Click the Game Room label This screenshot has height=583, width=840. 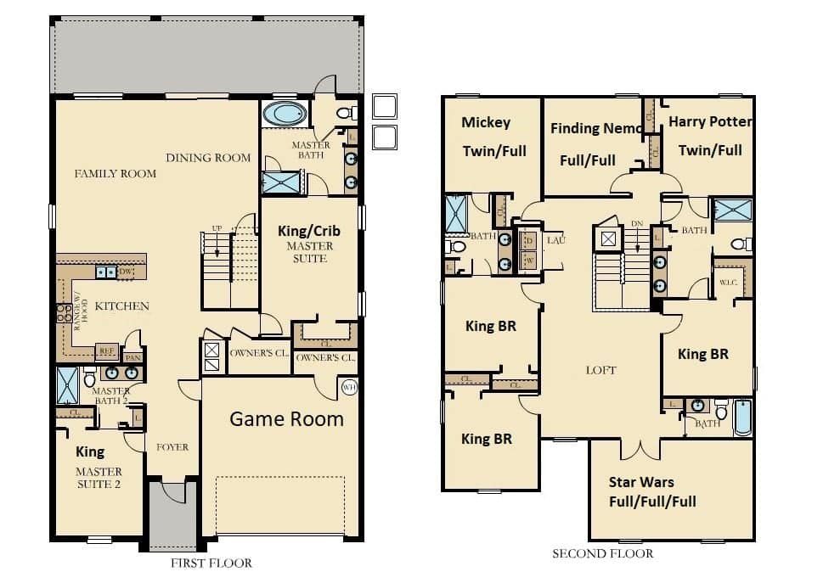[286, 418]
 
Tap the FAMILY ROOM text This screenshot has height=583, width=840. [116, 173]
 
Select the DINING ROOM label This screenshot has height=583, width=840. [208, 157]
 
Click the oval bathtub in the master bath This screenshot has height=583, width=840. [285, 114]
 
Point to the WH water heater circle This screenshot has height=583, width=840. [348, 388]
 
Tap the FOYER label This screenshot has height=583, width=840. [172, 446]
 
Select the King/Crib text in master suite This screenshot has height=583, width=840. [310, 230]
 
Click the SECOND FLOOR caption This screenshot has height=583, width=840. [602, 553]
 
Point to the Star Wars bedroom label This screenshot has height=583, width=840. [641, 483]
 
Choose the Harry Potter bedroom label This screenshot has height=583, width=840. [710, 121]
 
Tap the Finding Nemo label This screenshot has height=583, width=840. [597, 129]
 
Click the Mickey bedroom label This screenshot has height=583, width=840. [486, 122]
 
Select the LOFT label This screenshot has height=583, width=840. [601, 370]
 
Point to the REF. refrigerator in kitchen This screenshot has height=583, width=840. [106, 350]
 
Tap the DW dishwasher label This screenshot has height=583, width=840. [126, 272]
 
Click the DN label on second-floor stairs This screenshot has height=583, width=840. [637, 224]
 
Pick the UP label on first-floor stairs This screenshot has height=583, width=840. [217, 229]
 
